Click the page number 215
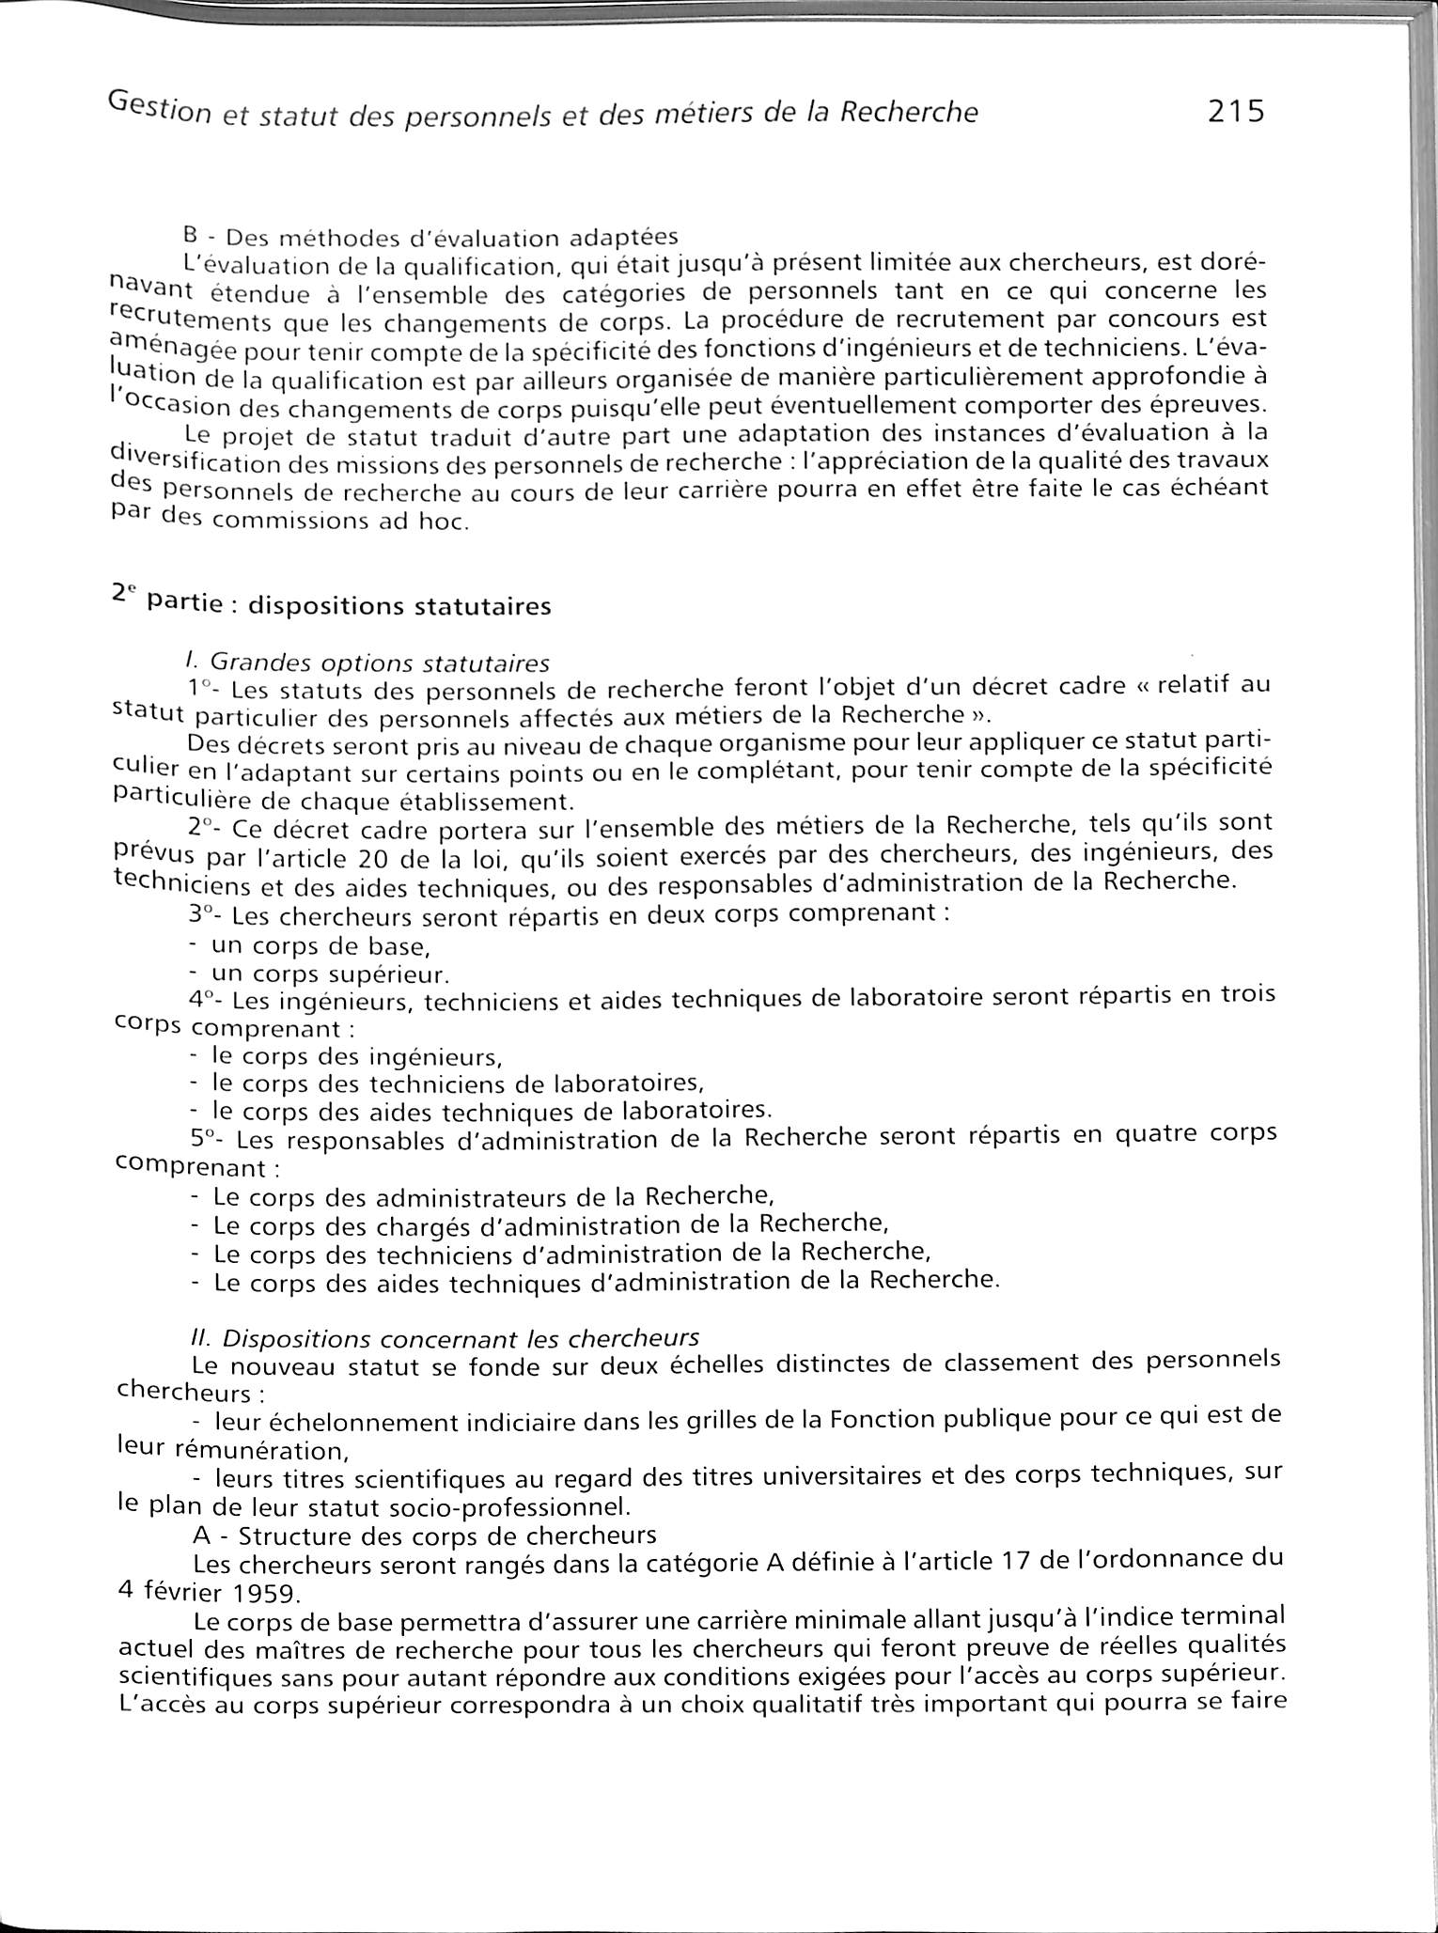[x=1237, y=113]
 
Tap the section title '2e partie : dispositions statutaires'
[x=332, y=602]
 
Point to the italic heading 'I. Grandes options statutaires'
[x=368, y=663]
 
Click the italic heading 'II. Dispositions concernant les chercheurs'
[x=444, y=1336]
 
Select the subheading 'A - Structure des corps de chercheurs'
[x=424, y=1536]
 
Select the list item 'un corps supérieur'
[x=330, y=974]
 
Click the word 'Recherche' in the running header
[x=908, y=113]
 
